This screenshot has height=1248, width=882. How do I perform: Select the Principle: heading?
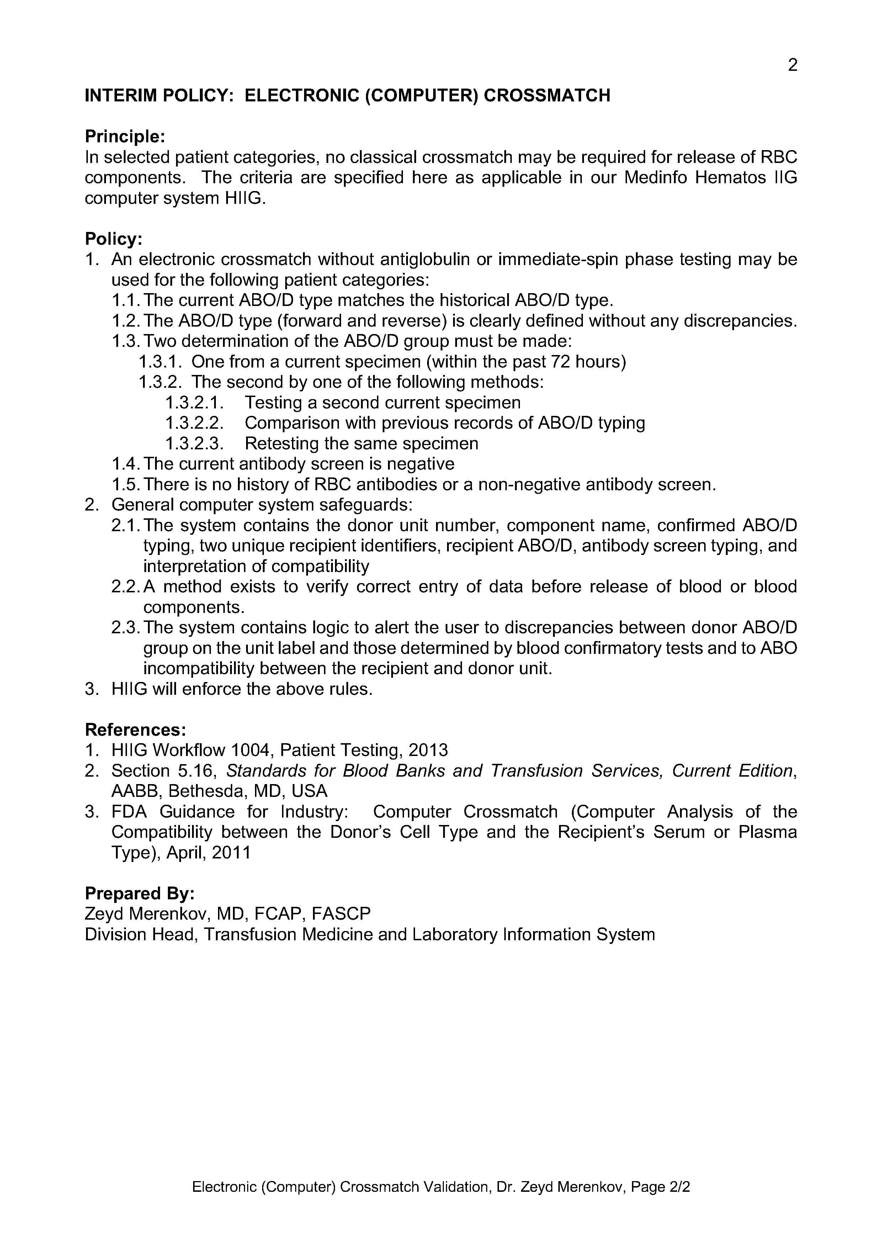point(124,136)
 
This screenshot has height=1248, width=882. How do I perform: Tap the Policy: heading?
point(113,239)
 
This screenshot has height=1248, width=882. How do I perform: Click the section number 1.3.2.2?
point(195,423)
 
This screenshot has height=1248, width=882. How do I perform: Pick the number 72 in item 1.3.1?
point(562,361)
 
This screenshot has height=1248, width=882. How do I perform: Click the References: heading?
point(135,729)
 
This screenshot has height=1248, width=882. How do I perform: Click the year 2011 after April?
point(232,852)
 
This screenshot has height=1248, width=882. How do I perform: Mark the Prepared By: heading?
point(140,894)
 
